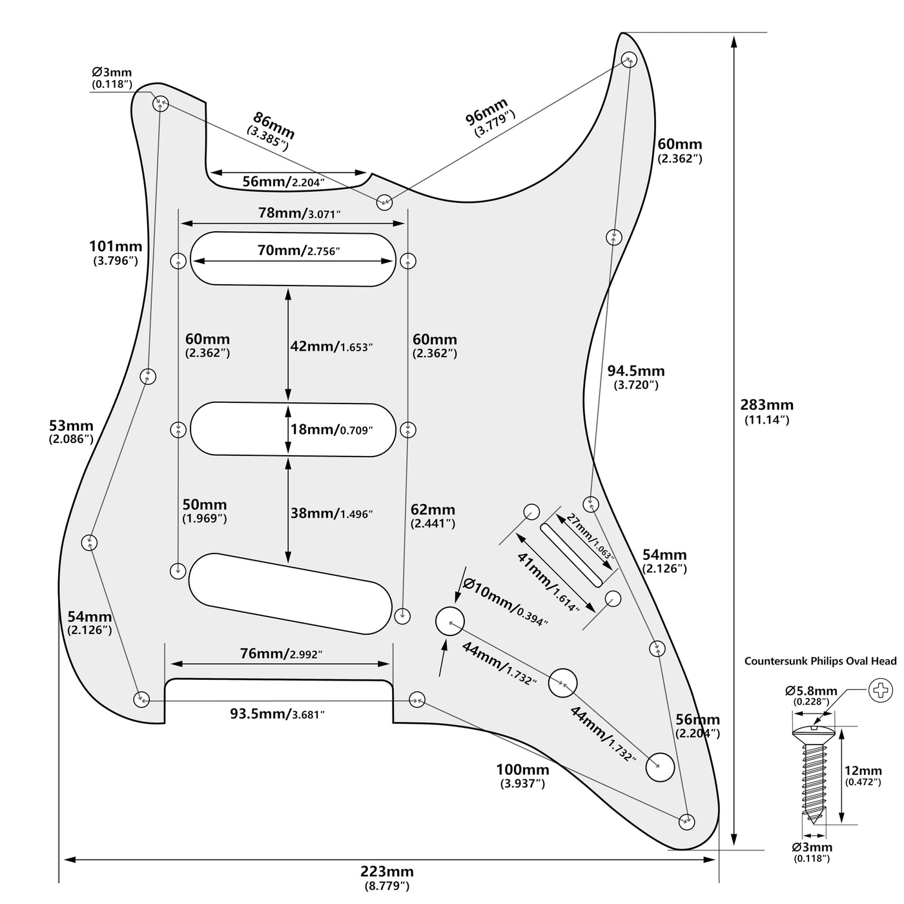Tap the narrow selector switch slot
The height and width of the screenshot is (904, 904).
pos(577,555)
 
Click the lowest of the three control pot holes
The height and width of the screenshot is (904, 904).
pos(660,766)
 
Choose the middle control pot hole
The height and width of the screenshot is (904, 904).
pos(563,683)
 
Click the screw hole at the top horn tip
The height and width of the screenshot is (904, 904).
pos(628,59)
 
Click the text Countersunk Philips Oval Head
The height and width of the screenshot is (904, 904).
pos(820,661)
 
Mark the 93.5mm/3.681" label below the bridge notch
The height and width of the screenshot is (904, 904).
pos(277,714)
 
